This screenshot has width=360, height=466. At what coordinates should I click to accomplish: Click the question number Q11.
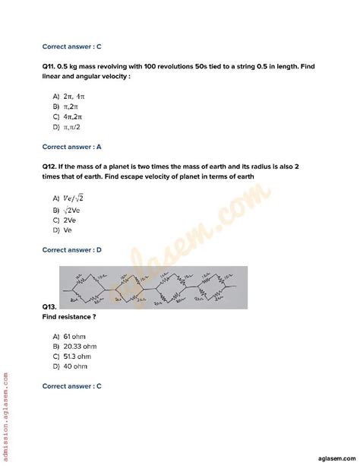click(50, 67)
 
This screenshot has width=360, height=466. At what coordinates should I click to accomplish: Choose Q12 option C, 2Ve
click(74, 220)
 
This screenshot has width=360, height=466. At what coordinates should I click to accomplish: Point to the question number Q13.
click(51, 306)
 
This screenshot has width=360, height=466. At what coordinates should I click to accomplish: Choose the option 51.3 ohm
click(79, 356)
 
